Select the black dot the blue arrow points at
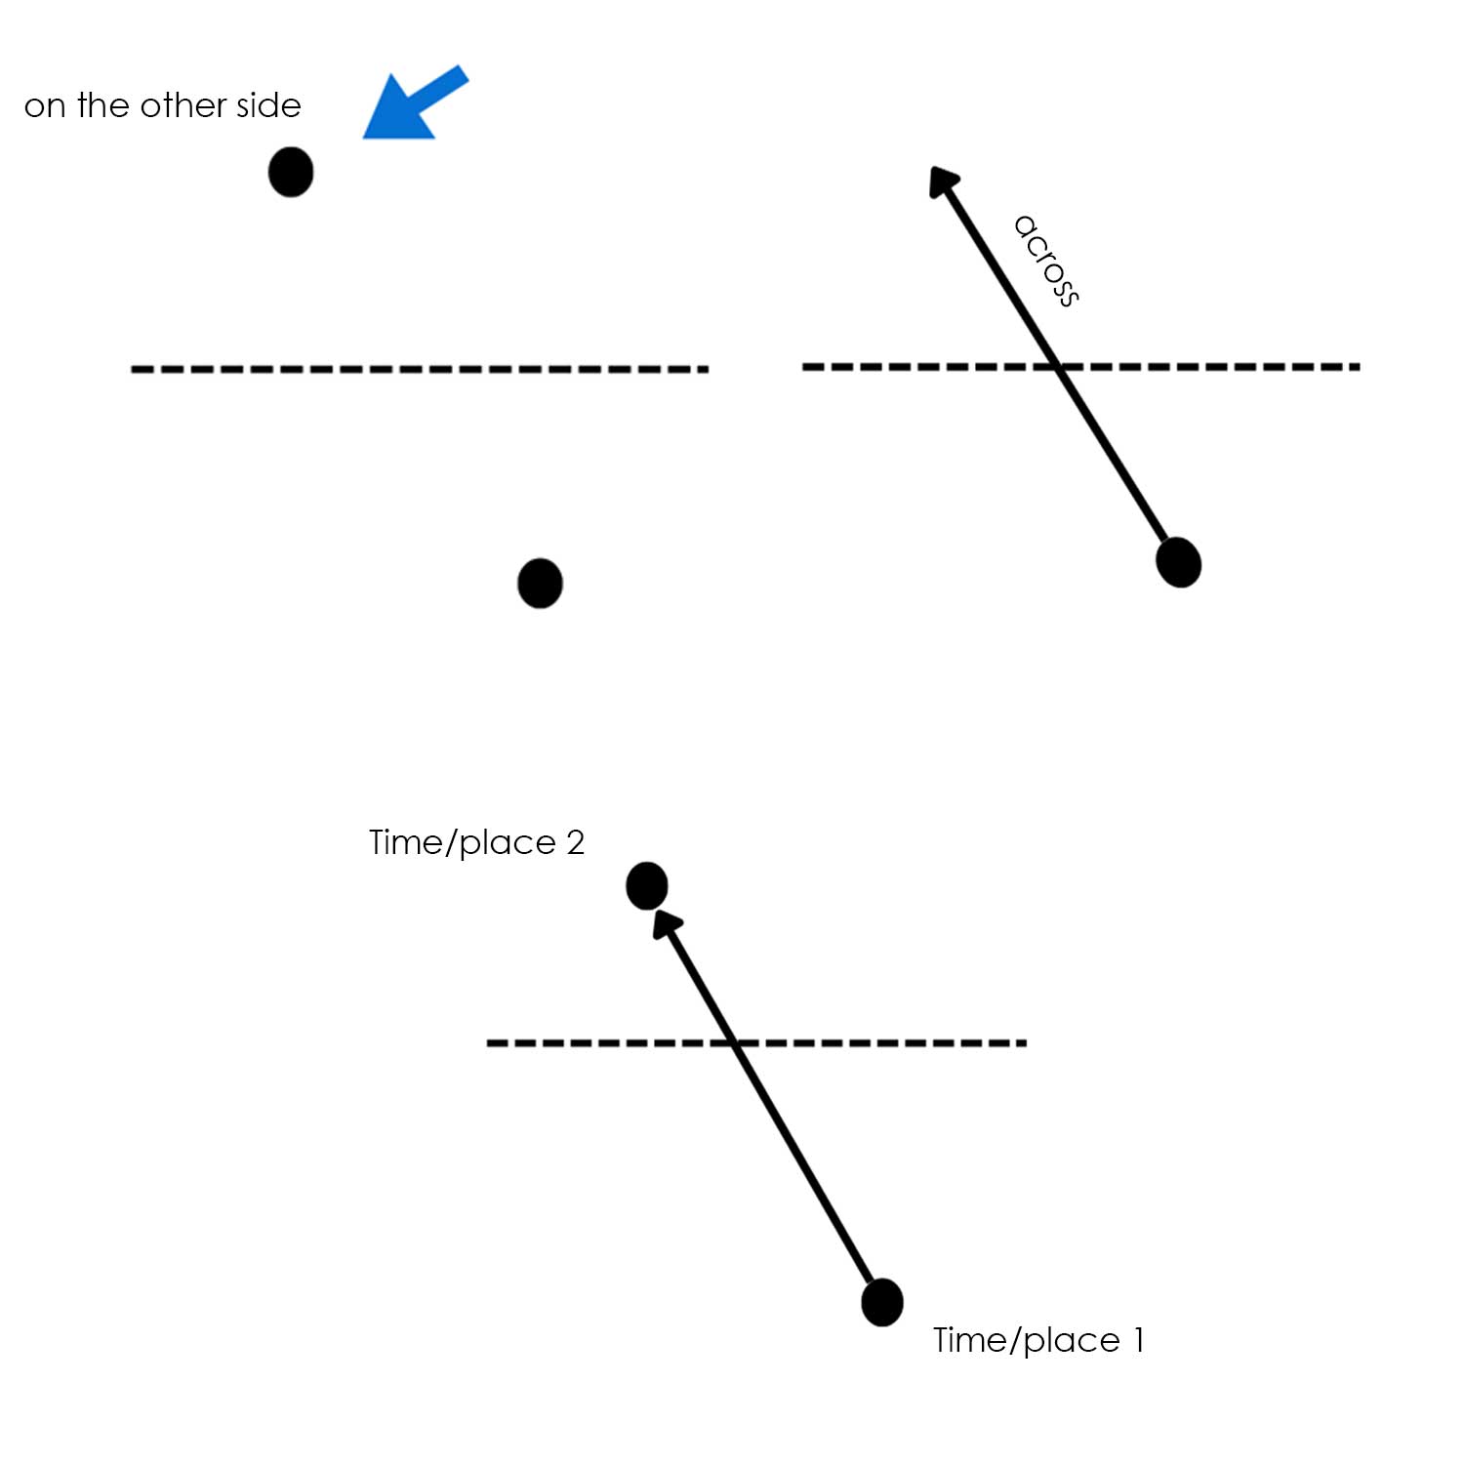click(x=291, y=172)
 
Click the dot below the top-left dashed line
click(x=540, y=584)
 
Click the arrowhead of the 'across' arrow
click(x=943, y=182)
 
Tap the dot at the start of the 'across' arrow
click(x=1178, y=562)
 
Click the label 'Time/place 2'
click(x=476, y=842)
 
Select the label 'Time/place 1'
click(x=1038, y=1340)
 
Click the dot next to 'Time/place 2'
click(x=646, y=886)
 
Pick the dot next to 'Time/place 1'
click(x=882, y=1302)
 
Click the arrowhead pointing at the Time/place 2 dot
click(x=666, y=923)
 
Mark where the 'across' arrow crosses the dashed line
click(x=1059, y=367)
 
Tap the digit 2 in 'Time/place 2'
click(x=575, y=842)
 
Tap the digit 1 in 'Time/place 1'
click(x=1138, y=1340)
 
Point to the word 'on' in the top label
click(x=44, y=106)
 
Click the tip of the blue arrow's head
click(x=364, y=138)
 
